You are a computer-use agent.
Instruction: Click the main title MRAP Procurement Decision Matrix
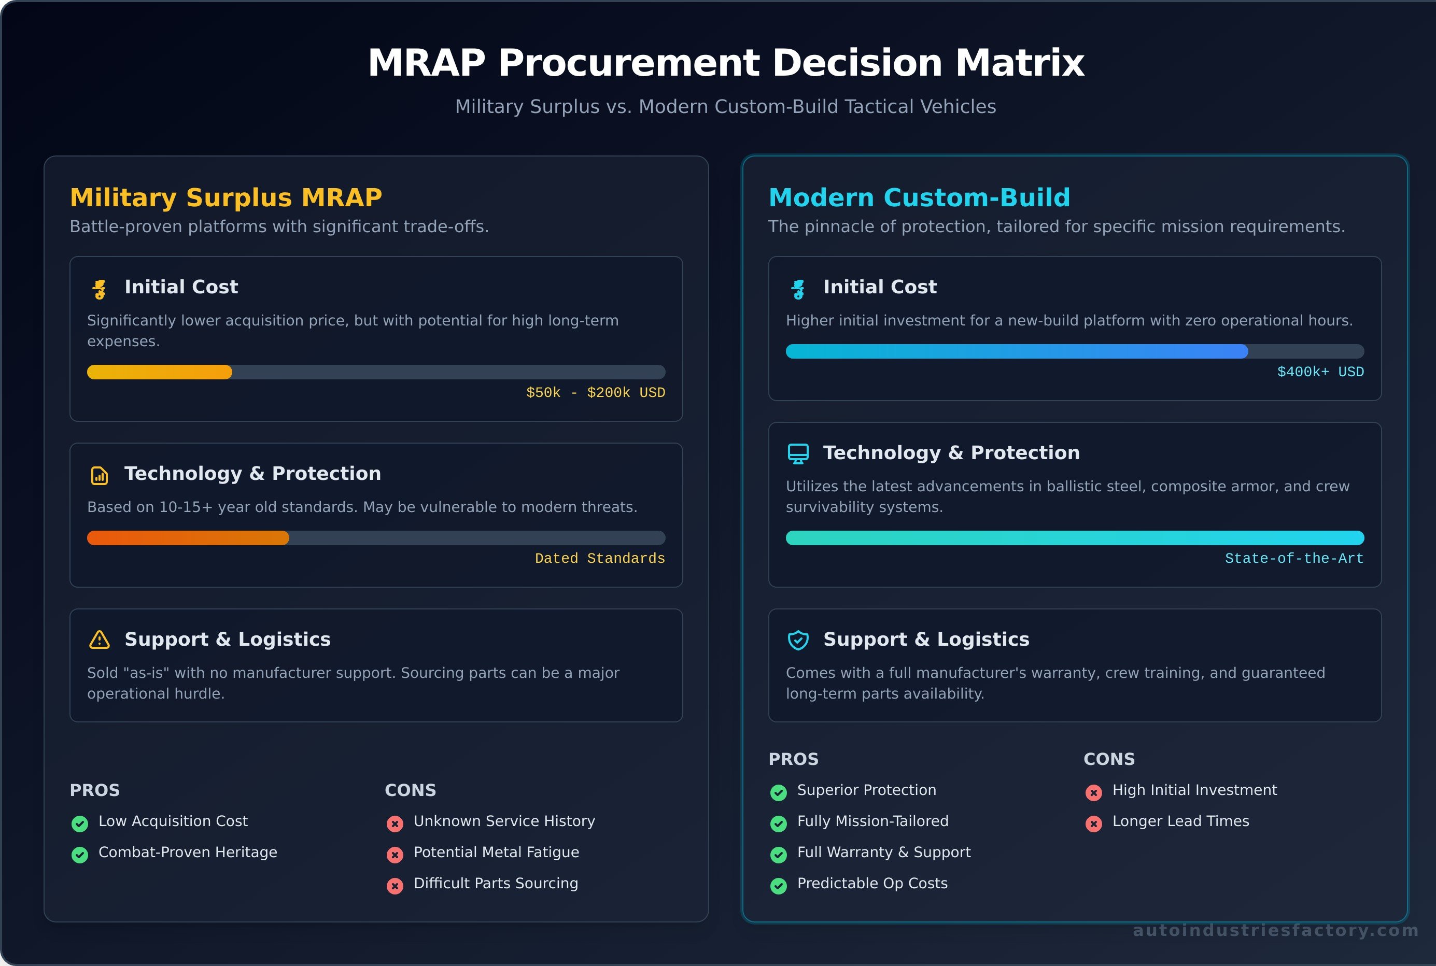(725, 63)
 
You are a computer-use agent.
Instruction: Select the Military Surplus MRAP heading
(226, 198)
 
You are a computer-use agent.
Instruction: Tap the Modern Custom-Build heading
(919, 198)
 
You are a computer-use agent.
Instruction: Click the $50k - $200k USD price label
(595, 392)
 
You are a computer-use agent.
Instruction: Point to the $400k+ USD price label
(1319, 372)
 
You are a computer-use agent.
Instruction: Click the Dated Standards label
(599, 558)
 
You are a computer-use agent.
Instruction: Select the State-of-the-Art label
(1293, 558)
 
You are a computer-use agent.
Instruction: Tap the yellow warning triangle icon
(99, 640)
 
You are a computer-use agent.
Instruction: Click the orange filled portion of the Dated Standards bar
(188, 538)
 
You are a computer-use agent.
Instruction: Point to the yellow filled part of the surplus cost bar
(159, 372)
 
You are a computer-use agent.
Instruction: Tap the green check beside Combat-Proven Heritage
(79, 855)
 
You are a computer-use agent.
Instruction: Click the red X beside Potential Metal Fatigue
(395, 855)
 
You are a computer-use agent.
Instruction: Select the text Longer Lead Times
(1180, 821)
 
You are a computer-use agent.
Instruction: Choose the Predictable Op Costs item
(872, 884)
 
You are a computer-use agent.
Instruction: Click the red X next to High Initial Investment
(1093, 792)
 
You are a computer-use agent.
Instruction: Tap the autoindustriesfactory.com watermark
(1275, 930)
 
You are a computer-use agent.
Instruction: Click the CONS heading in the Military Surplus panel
(410, 790)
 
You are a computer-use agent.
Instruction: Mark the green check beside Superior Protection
(779, 792)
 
